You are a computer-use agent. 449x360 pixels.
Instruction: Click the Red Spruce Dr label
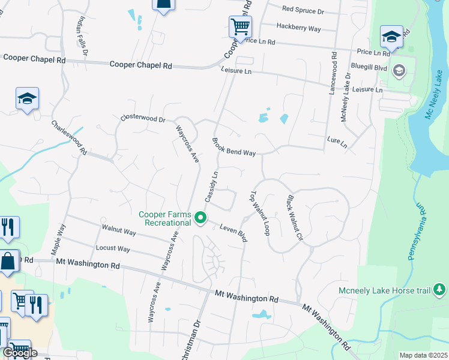(303, 11)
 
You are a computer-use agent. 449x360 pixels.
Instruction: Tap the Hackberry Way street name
(298, 28)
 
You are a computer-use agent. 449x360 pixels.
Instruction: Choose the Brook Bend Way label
(234, 147)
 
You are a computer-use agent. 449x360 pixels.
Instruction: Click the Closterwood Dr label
(142, 119)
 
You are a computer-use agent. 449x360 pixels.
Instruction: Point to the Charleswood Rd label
(70, 137)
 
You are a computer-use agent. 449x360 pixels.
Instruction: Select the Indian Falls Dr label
(81, 35)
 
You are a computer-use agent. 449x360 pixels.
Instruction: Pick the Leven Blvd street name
(234, 233)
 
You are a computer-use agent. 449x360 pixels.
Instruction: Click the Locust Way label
(113, 248)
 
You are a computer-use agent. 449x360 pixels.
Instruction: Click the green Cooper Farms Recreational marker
(202, 218)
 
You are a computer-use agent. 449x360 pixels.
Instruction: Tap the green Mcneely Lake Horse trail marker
(439, 290)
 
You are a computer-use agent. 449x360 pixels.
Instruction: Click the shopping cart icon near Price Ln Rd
(240, 26)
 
